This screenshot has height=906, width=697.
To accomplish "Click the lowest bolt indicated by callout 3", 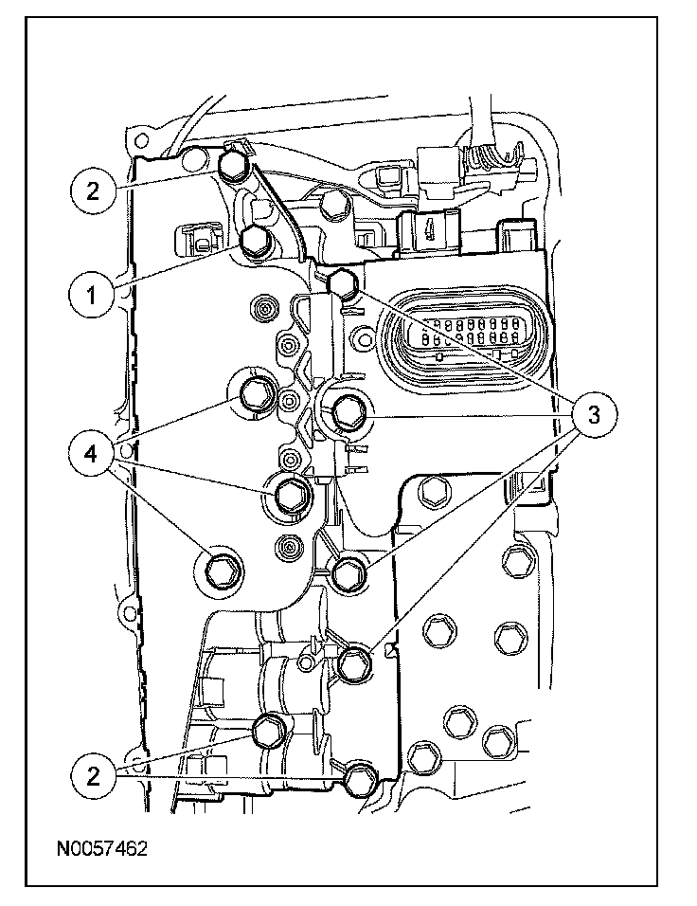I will click(355, 663).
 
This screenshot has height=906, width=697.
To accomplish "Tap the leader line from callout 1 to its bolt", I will click(175, 267).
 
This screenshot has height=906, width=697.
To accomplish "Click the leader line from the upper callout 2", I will click(166, 180).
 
